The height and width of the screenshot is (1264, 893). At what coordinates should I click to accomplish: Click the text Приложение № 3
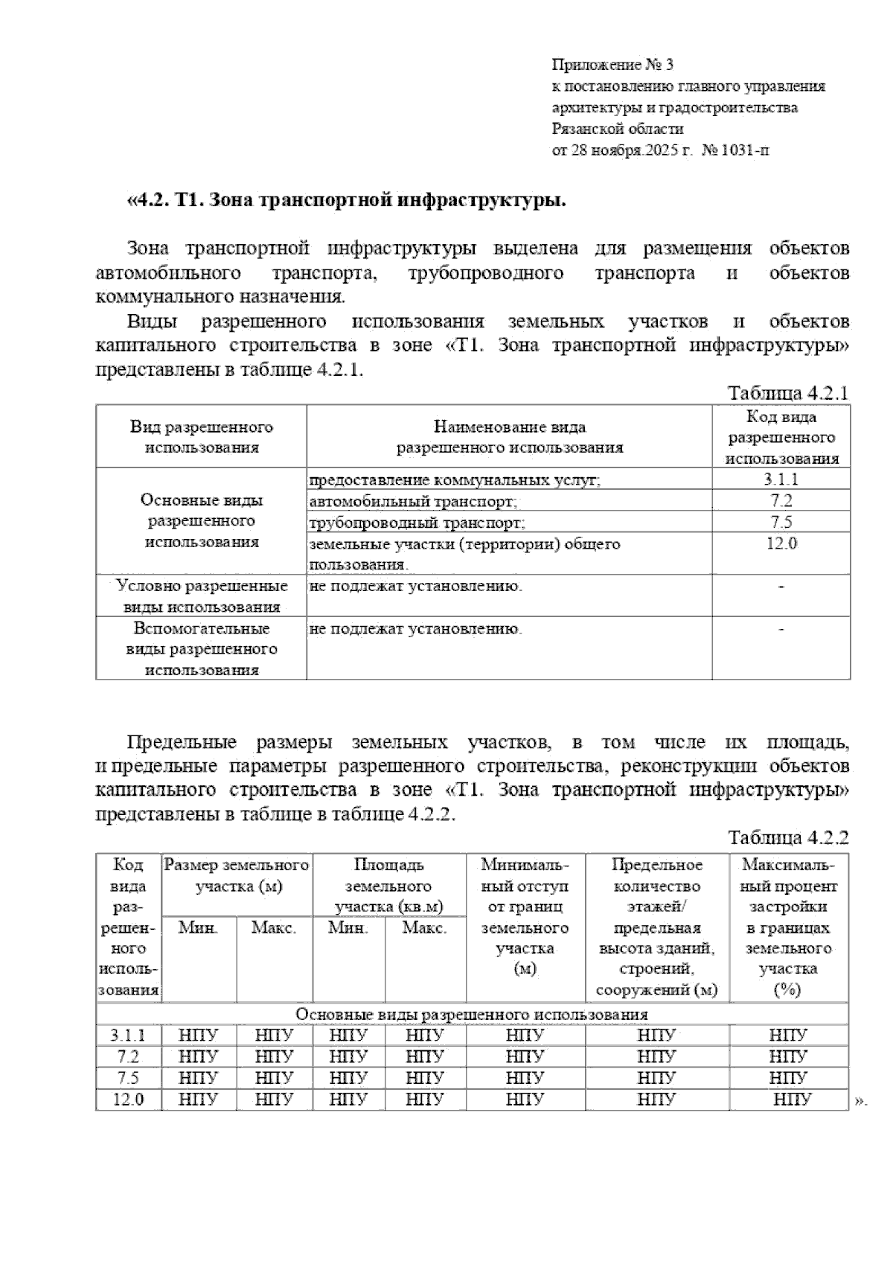(612, 65)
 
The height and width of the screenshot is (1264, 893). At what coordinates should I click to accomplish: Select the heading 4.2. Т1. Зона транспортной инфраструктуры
(347, 201)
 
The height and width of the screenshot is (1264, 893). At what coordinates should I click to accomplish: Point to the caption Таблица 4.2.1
(788, 393)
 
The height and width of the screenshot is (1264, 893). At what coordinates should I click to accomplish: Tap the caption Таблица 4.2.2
(788, 837)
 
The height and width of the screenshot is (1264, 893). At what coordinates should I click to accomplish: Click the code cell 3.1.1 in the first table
(781, 479)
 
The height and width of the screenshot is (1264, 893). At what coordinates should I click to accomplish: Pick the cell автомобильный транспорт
(413, 501)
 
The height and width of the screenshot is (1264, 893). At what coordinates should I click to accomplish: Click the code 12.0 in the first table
(781, 543)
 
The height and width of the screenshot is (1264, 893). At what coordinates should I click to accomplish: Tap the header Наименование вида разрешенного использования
(509, 437)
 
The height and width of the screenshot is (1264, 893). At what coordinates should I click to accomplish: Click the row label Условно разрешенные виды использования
(202, 596)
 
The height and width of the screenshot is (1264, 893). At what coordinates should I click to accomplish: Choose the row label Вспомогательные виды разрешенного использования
(202, 648)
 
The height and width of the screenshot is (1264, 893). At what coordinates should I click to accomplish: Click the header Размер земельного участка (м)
(237, 875)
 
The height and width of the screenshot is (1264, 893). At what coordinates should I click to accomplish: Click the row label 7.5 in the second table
(128, 1078)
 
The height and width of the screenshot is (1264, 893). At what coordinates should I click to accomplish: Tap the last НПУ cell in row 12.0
(792, 1099)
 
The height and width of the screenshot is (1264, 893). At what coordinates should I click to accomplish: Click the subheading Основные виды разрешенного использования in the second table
(472, 1015)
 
